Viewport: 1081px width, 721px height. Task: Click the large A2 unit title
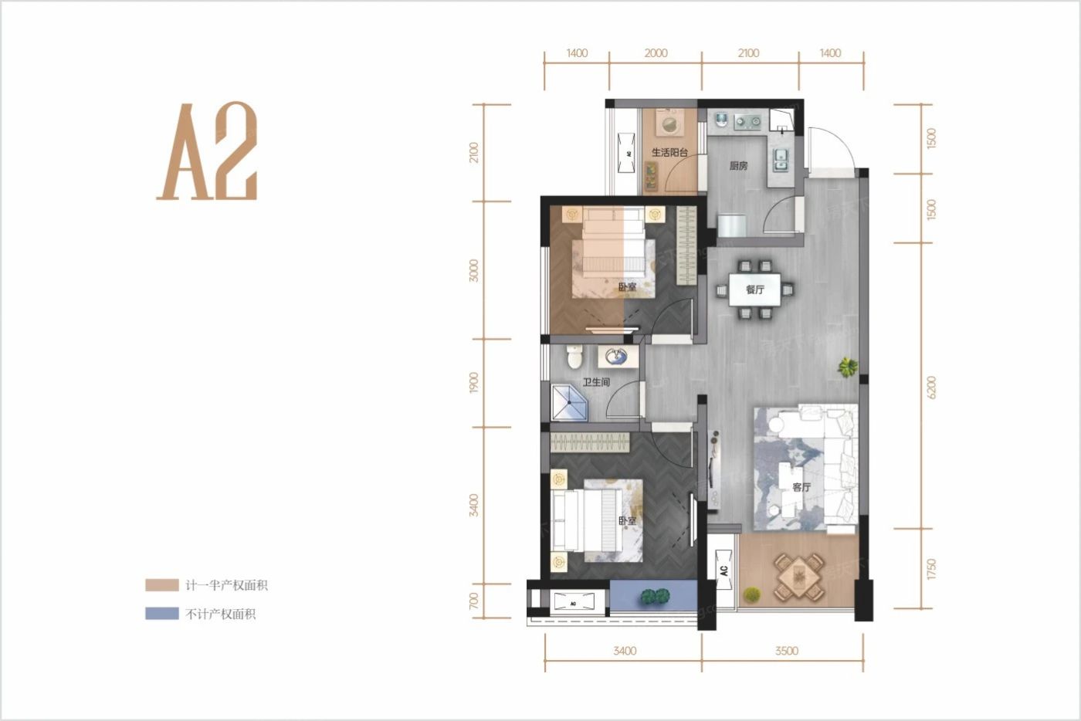207,152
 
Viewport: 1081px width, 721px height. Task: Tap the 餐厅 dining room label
754,289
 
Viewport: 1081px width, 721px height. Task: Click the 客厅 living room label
801,487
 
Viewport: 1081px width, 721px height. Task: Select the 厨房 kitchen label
738,165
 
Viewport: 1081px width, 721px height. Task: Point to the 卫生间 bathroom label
596,382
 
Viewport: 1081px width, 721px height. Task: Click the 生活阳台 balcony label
669,153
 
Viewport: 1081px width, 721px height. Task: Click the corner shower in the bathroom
568,403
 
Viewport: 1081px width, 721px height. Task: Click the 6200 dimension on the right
931,387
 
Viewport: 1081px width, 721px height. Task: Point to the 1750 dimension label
931,570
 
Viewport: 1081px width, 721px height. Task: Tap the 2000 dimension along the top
656,53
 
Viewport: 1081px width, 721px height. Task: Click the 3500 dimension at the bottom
786,651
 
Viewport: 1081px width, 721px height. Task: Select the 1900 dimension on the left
473,382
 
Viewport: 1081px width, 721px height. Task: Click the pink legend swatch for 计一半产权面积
162,585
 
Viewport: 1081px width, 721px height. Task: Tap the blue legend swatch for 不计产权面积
162,614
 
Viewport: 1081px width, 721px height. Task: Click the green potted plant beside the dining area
849,367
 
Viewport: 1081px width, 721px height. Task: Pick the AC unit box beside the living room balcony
724,570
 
